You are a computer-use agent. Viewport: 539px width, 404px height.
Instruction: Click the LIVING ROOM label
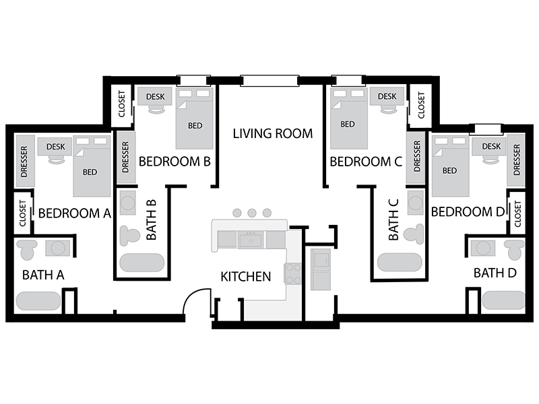click(273, 133)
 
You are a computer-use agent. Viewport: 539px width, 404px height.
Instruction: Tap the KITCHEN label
click(246, 277)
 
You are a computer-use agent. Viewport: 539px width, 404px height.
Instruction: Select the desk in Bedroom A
click(55, 147)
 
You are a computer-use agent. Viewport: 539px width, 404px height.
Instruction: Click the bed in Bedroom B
click(194, 119)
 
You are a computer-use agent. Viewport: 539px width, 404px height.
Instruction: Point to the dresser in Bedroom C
click(416, 157)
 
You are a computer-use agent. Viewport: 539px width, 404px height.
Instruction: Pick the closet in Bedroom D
click(516, 213)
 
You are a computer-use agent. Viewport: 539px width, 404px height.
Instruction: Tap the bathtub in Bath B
click(142, 263)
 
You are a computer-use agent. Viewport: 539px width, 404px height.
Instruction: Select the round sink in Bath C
click(415, 203)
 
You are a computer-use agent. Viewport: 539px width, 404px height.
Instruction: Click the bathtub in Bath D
click(503, 300)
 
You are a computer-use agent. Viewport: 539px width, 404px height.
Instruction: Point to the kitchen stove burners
click(293, 274)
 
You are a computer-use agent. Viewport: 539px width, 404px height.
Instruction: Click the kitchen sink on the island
click(251, 240)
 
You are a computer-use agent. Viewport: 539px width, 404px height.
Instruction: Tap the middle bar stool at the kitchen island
click(251, 213)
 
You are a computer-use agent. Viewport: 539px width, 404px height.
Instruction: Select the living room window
click(269, 81)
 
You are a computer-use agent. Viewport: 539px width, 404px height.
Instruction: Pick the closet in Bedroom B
click(122, 104)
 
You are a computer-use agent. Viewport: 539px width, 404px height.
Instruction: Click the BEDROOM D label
click(468, 212)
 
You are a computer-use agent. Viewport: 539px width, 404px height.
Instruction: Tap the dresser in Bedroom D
click(515, 160)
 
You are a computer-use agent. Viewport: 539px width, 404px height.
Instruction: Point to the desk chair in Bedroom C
click(389, 109)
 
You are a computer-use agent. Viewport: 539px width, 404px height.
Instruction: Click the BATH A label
click(43, 275)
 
